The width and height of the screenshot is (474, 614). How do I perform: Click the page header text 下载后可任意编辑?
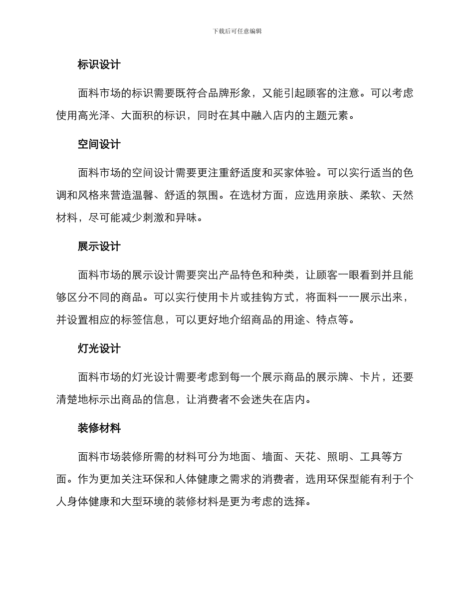(x=237, y=31)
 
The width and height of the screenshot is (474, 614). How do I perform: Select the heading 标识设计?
(x=99, y=65)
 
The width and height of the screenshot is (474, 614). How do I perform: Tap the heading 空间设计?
(x=99, y=145)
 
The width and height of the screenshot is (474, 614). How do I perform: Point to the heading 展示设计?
(x=99, y=247)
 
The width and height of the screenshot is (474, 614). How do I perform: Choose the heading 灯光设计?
(x=99, y=348)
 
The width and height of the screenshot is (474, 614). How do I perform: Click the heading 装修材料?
(x=99, y=428)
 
